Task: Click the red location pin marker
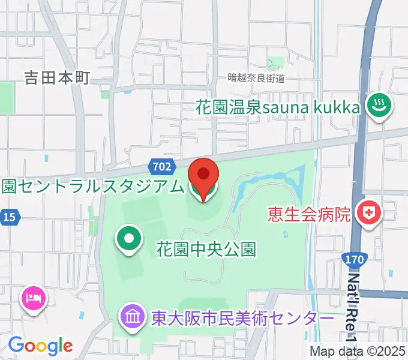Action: (203, 177)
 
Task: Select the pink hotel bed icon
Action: (33, 297)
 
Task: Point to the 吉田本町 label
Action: (57, 78)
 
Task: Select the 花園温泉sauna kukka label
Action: (278, 108)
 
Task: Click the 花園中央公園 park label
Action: (206, 248)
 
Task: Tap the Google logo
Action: (40, 346)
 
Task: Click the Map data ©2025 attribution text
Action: (358, 352)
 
